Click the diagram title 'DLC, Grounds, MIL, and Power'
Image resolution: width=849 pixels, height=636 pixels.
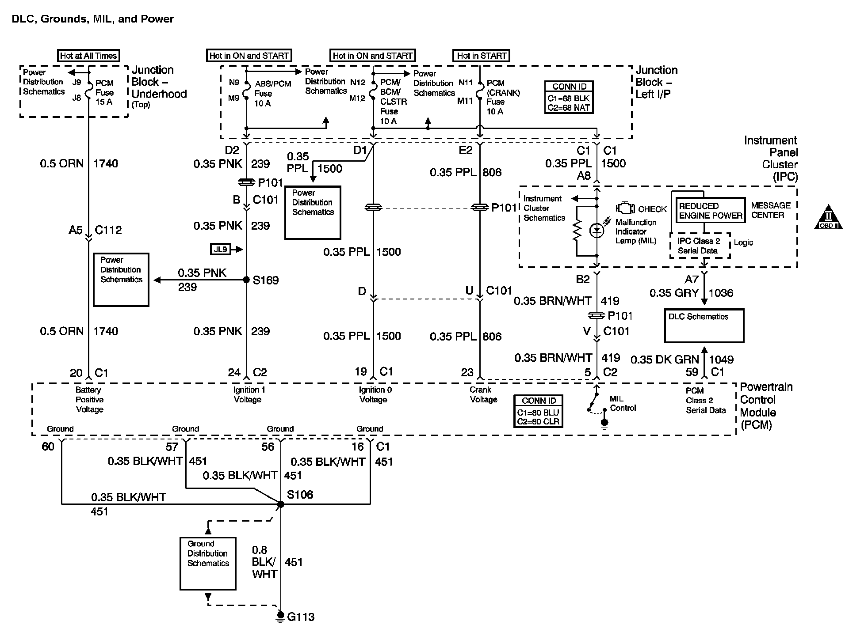(93, 19)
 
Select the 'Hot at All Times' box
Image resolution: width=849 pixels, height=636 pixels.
(88, 56)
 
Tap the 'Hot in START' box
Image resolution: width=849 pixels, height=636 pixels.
(482, 56)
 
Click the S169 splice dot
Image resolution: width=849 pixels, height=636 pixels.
(247, 280)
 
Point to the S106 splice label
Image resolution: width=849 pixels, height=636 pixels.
(300, 495)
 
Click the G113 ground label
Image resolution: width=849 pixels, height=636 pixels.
(301, 617)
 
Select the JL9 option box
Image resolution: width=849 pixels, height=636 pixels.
(220, 250)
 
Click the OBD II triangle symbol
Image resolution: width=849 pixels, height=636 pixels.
(828, 217)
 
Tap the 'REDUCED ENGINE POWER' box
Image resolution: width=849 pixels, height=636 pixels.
(710, 211)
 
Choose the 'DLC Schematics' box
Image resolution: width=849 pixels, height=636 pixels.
(704, 326)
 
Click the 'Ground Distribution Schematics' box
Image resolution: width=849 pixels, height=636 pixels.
(208, 563)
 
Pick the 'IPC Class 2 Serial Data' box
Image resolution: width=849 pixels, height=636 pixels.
(700, 246)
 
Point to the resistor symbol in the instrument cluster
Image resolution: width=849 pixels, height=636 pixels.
(577, 231)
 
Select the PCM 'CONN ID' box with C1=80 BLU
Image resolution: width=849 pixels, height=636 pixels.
(538, 411)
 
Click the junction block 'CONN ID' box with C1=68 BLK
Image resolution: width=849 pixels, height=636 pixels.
(569, 97)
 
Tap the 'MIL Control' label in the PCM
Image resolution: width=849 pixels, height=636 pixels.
(623, 403)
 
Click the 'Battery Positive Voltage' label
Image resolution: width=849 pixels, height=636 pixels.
(89, 400)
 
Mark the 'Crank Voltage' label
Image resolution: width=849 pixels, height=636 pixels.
(483, 395)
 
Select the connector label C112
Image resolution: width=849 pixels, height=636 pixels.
(108, 230)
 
